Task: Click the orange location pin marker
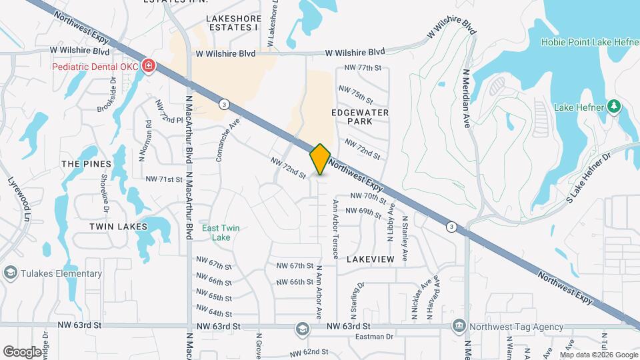coord(320,159)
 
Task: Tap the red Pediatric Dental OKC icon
coord(149,67)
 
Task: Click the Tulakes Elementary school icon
coord(10,272)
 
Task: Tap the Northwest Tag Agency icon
coord(459,326)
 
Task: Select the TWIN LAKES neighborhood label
coord(118,227)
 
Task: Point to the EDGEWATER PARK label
coord(360,118)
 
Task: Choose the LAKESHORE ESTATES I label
coord(233,23)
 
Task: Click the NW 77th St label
coord(363,68)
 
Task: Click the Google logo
coord(22,351)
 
